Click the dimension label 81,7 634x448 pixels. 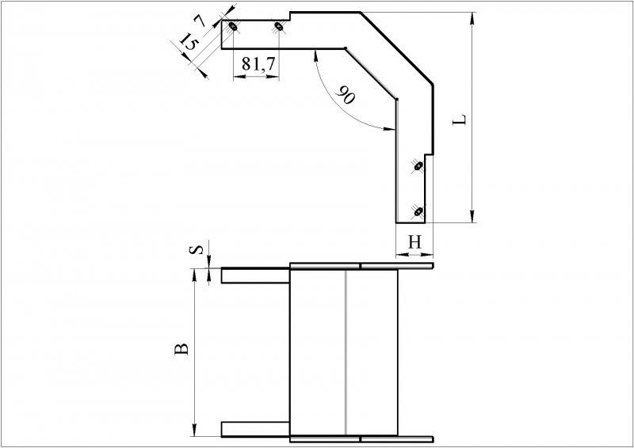[x=258, y=64]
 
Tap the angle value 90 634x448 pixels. [x=345, y=95]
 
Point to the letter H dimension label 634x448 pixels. [x=414, y=242]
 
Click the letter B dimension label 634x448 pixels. [x=181, y=348]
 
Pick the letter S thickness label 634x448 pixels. [x=196, y=250]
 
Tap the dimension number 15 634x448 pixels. [x=188, y=41]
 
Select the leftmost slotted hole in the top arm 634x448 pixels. [x=233, y=26]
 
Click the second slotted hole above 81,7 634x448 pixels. [x=279, y=26]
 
